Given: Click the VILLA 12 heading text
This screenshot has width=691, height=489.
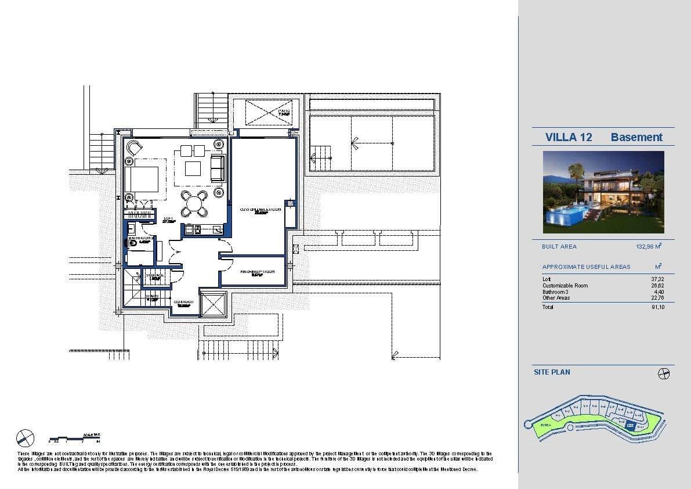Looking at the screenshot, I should click(x=569, y=137).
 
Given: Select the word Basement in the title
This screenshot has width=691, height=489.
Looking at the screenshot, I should click(x=636, y=137).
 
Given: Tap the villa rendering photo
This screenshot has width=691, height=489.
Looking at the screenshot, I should click(x=603, y=192).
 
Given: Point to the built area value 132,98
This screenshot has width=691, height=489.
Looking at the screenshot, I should click(x=648, y=246).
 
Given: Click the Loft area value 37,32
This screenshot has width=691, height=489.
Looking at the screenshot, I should click(x=657, y=279).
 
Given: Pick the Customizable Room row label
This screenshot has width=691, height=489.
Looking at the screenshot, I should click(x=565, y=286).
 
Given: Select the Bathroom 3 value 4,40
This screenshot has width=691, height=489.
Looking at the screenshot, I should click(x=659, y=292).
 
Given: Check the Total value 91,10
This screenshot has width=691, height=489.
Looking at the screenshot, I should click(x=657, y=307).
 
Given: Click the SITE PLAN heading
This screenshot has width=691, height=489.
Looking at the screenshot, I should click(x=552, y=372).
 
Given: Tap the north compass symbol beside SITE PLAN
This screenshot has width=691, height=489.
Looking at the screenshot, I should click(x=664, y=373).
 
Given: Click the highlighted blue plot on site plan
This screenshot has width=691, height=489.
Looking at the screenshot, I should click(x=630, y=425).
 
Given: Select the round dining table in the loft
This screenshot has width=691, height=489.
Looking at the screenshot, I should click(x=193, y=204).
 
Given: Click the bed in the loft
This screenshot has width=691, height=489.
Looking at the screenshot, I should click(x=142, y=179).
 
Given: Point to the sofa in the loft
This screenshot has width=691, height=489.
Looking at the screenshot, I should click(x=217, y=168).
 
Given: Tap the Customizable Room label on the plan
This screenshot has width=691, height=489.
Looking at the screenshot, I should click(x=261, y=209).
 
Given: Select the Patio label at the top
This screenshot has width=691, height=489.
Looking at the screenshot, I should click(x=284, y=112).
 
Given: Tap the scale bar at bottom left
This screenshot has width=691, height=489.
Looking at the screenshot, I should click(x=75, y=438).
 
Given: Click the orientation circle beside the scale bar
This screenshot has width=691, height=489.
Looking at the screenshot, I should click(x=26, y=437).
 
